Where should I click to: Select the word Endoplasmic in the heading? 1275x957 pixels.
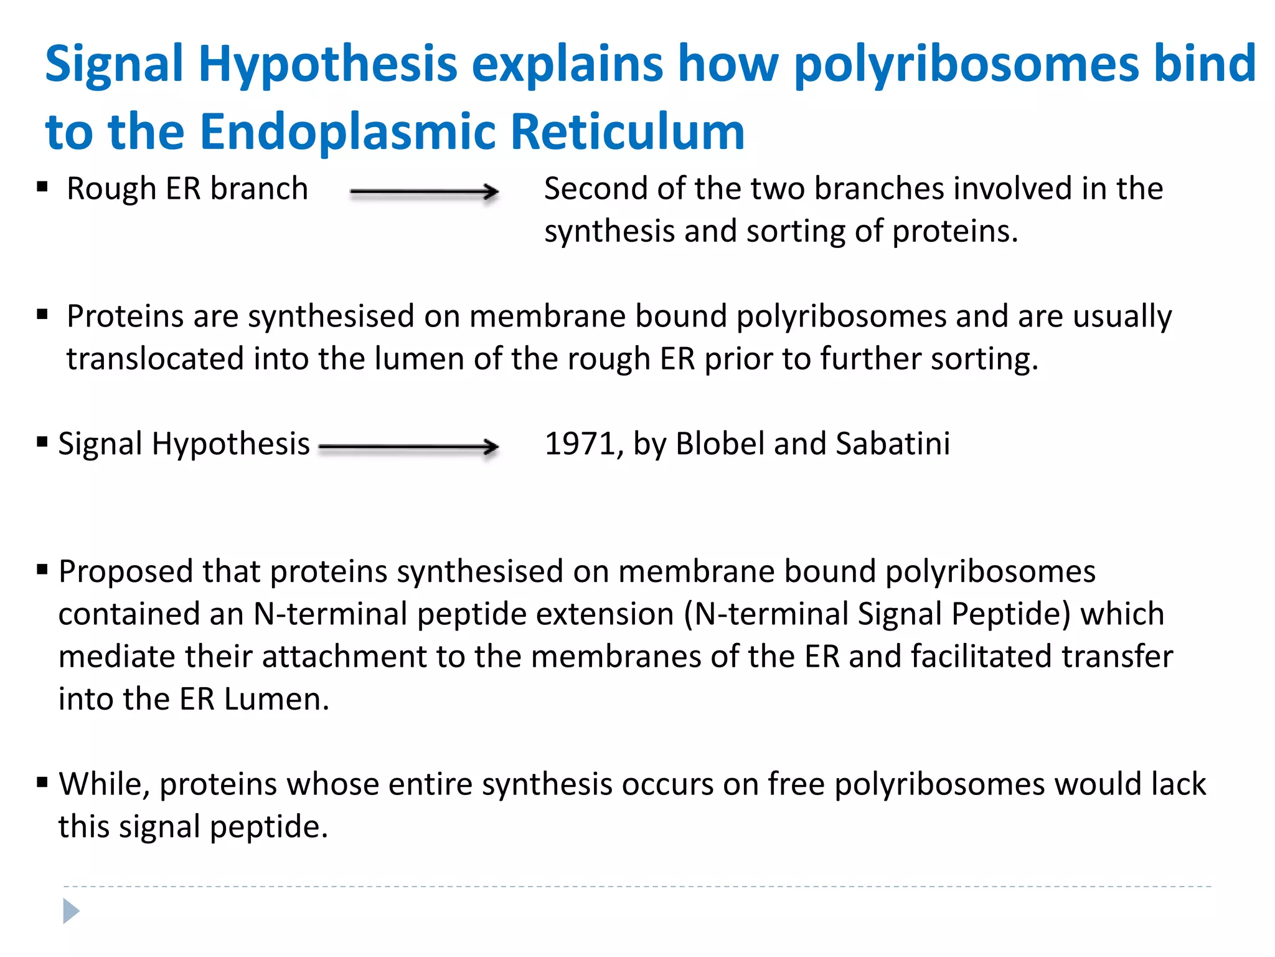[349, 131]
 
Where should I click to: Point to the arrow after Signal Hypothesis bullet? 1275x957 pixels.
[408, 446]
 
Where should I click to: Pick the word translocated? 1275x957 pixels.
[155, 359]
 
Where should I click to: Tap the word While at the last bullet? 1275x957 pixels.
[104, 784]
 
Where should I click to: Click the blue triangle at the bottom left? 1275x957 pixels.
[71, 912]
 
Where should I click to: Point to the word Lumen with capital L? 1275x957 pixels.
[276, 699]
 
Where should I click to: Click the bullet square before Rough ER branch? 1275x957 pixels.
[42, 186]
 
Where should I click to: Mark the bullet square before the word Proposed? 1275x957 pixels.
[42, 569]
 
